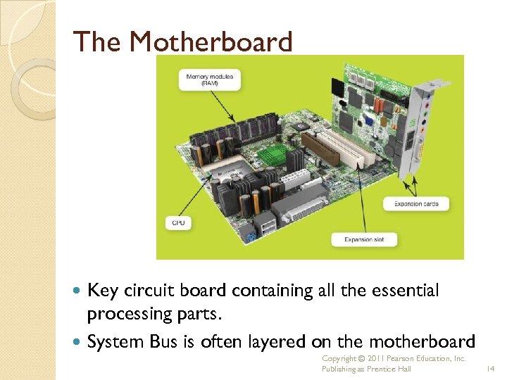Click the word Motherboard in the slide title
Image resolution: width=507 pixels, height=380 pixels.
click(x=211, y=43)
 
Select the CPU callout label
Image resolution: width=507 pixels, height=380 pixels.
click(x=179, y=223)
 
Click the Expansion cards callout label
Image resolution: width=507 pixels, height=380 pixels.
click(x=416, y=204)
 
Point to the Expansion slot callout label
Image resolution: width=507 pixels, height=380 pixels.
click(x=364, y=239)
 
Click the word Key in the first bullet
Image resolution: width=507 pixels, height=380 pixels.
click(x=103, y=290)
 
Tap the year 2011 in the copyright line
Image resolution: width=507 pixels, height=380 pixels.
click(x=372, y=358)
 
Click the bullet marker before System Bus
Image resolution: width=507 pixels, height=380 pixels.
click(x=77, y=342)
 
